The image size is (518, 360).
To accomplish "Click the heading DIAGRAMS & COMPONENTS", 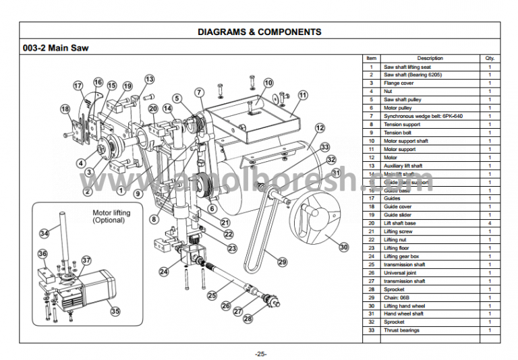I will (x=259, y=32).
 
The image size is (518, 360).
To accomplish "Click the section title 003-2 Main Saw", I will (x=55, y=48).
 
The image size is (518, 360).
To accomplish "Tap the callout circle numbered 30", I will (x=344, y=247).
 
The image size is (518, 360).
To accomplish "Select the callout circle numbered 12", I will (x=320, y=127).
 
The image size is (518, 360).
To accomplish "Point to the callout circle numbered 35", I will (x=115, y=311).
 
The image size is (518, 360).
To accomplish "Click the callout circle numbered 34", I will (x=45, y=233).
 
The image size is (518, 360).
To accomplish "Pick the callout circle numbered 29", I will (x=282, y=262).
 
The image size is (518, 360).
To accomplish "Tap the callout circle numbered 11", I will (x=303, y=96).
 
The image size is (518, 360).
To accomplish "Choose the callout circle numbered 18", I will (x=65, y=109).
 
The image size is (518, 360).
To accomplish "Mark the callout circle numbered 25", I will (x=212, y=295).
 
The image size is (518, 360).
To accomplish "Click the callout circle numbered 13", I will (x=149, y=80).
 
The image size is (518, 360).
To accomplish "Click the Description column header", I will (x=430, y=59).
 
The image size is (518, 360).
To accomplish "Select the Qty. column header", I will (x=489, y=59).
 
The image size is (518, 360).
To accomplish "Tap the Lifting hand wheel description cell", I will (x=405, y=306).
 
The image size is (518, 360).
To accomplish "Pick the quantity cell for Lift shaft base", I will (x=489, y=223).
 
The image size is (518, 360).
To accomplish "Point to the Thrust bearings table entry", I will (x=401, y=330).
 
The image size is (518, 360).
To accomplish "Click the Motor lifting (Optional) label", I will (x=111, y=216).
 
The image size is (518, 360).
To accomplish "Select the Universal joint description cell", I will (x=400, y=273).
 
